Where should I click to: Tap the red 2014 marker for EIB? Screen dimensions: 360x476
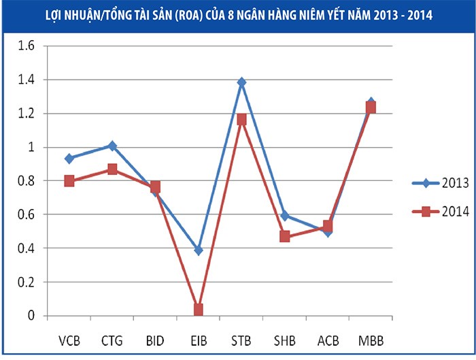198,310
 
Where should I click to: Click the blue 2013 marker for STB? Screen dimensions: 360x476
241,82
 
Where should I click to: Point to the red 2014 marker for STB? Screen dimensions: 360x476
241,119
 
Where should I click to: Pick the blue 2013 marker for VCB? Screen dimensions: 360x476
69,159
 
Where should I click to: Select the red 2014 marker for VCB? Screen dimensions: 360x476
69,181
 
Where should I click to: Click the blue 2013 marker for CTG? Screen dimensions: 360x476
112,146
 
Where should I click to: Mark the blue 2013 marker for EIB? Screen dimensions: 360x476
198,250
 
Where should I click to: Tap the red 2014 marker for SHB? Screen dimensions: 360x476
284,236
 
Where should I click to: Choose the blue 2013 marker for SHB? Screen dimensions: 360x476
284,216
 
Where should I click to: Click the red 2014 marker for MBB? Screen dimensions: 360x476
371,108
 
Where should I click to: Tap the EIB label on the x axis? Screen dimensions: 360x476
198,339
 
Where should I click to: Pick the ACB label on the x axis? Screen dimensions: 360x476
328,339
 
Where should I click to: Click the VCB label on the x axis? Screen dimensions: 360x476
69,339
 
